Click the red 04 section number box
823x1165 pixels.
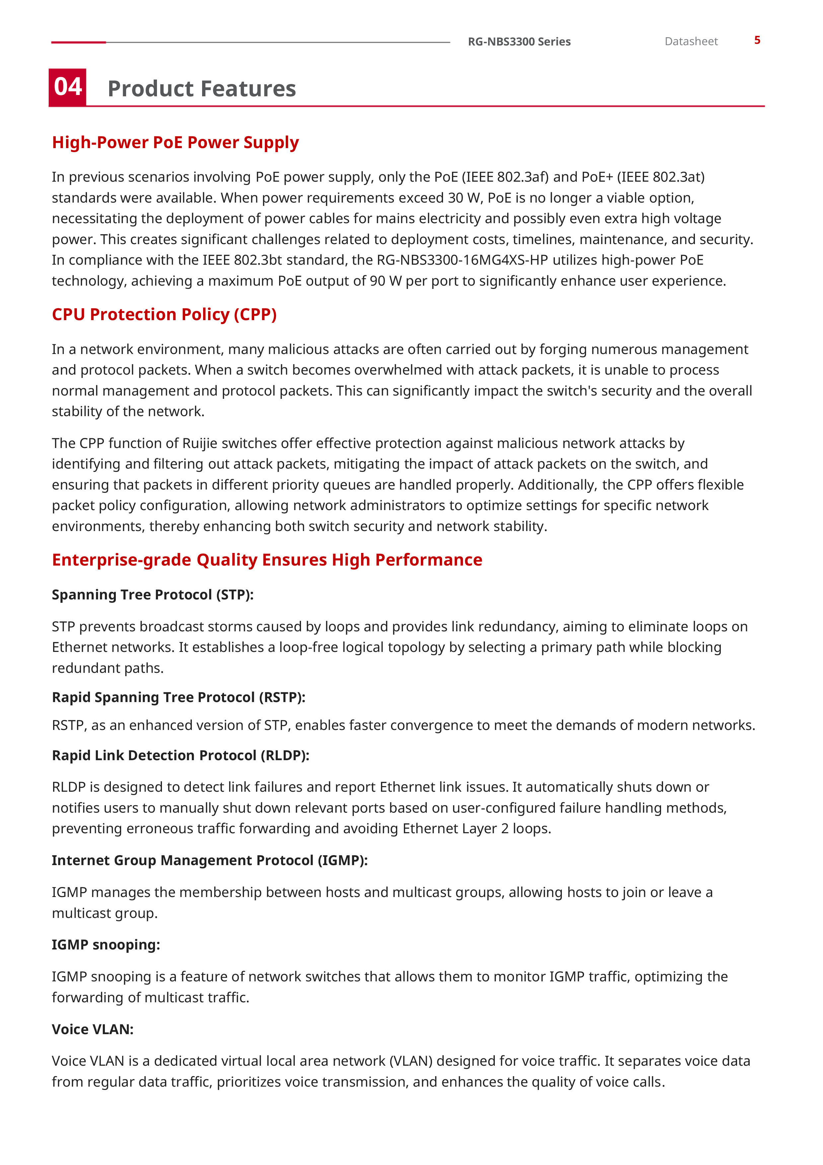(67, 87)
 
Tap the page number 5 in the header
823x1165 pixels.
(757, 40)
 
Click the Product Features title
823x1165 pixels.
(201, 89)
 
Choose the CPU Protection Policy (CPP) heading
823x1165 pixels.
(164, 314)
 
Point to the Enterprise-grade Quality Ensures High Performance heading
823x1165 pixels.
(267, 560)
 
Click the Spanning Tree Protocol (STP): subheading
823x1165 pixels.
(152, 595)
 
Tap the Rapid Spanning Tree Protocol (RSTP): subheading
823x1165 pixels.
(179, 697)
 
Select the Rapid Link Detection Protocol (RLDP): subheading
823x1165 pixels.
(181, 756)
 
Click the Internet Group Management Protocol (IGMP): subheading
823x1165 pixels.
(209, 860)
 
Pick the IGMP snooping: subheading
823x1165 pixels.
(106, 945)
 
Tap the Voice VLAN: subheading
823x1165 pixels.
(92, 1029)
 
